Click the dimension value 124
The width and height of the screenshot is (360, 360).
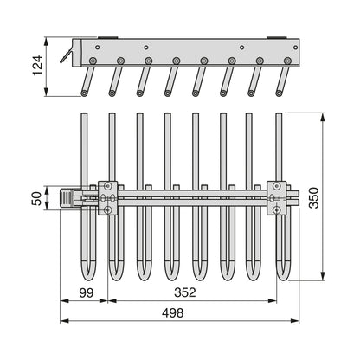[38, 66]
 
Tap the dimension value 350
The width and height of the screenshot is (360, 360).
[314, 198]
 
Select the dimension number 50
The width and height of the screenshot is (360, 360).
[37, 198]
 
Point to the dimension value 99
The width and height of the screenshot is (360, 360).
[87, 292]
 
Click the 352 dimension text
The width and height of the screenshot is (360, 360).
[185, 292]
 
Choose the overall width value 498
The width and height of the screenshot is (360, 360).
[172, 312]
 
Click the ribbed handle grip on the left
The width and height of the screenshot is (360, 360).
[66, 197]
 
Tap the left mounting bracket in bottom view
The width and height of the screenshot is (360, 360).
[108, 198]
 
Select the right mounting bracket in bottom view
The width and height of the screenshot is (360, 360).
[277, 198]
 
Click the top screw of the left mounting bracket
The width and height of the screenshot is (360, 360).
[108, 186]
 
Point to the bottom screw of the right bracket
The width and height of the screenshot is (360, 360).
[277, 209]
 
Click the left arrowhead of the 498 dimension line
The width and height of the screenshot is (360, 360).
[64, 321]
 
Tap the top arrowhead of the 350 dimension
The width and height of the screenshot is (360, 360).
[323, 117]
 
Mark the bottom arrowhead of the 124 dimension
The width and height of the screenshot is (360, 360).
[46, 92]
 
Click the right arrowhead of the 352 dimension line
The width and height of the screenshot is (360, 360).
[273, 301]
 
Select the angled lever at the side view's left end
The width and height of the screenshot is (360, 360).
[66, 56]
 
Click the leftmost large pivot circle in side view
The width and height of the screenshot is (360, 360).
[93, 61]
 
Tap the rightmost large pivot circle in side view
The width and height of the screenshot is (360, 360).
[286, 61]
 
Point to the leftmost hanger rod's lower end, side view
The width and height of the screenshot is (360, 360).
[84, 93]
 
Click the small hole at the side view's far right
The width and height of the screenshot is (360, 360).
[295, 48]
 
